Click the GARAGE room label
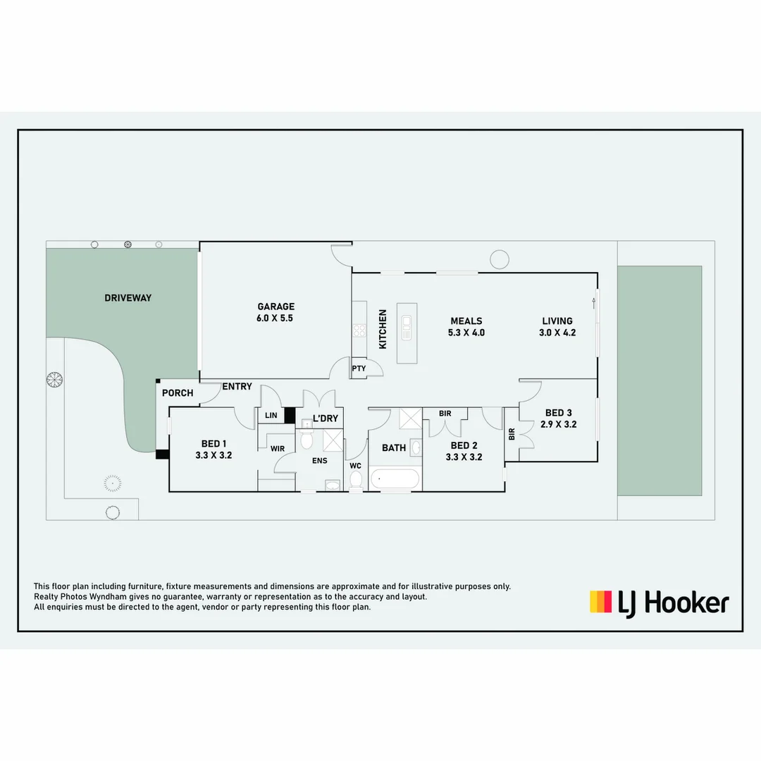(x=276, y=307)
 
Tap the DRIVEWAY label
(x=128, y=298)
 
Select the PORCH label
(x=178, y=393)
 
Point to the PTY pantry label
(x=359, y=369)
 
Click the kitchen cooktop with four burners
(x=359, y=329)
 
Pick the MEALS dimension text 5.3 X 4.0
(x=466, y=333)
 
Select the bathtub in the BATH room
(x=395, y=479)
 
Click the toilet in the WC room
(x=356, y=480)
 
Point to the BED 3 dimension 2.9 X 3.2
(x=559, y=424)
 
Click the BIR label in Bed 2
(x=445, y=414)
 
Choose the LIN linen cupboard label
(x=271, y=416)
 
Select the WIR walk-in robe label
(x=277, y=448)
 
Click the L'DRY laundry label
(x=325, y=419)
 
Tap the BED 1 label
(x=214, y=443)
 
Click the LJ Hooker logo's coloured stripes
(x=600, y=602)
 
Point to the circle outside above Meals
(x=500, y=259)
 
